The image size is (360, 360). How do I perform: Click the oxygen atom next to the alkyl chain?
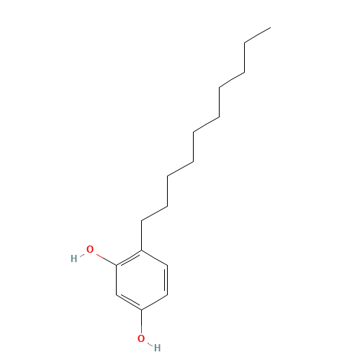90,250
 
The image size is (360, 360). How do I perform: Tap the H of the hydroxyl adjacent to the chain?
74,258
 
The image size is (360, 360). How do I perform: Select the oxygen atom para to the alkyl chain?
141,338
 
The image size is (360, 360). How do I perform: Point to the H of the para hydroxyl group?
157,348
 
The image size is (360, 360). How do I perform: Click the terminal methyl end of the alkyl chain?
271,27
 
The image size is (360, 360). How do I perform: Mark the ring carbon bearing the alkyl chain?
141,251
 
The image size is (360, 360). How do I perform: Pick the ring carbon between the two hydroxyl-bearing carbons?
117,294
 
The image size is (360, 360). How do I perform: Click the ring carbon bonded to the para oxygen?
141,310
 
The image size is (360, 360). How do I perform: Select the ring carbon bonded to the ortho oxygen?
117,265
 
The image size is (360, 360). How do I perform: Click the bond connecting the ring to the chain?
141,235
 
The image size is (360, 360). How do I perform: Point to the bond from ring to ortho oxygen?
106,259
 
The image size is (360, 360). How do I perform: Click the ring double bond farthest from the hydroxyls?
166,280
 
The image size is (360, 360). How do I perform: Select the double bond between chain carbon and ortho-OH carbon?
129,258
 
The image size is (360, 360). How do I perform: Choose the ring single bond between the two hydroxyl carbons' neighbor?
117,280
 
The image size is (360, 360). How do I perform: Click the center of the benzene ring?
142,280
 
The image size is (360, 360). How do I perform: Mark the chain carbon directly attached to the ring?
141,220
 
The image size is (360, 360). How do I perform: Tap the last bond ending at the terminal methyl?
258,35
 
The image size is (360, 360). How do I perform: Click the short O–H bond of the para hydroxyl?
150,344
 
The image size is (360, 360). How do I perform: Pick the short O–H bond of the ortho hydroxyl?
81,255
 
